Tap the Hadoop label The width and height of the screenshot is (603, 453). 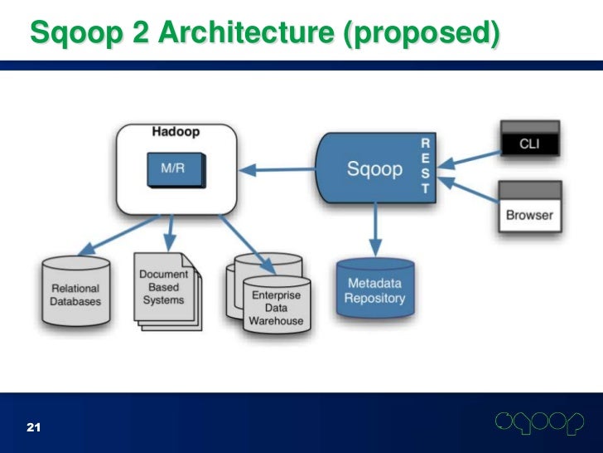[x=176, y=132]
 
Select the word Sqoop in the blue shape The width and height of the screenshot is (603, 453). [x=374, y=169]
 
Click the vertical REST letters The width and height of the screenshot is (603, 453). [x=426, y=166]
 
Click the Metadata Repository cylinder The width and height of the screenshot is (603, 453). [x=375, y=288]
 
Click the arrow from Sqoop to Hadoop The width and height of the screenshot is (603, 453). [x=281, y=171]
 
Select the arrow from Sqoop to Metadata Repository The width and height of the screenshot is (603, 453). [x=375, y=228]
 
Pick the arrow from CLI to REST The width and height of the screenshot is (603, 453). [x=472, y=156]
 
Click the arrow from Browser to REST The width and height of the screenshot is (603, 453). [x=472, y=186]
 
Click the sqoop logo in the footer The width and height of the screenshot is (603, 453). [x=539, y=423]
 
